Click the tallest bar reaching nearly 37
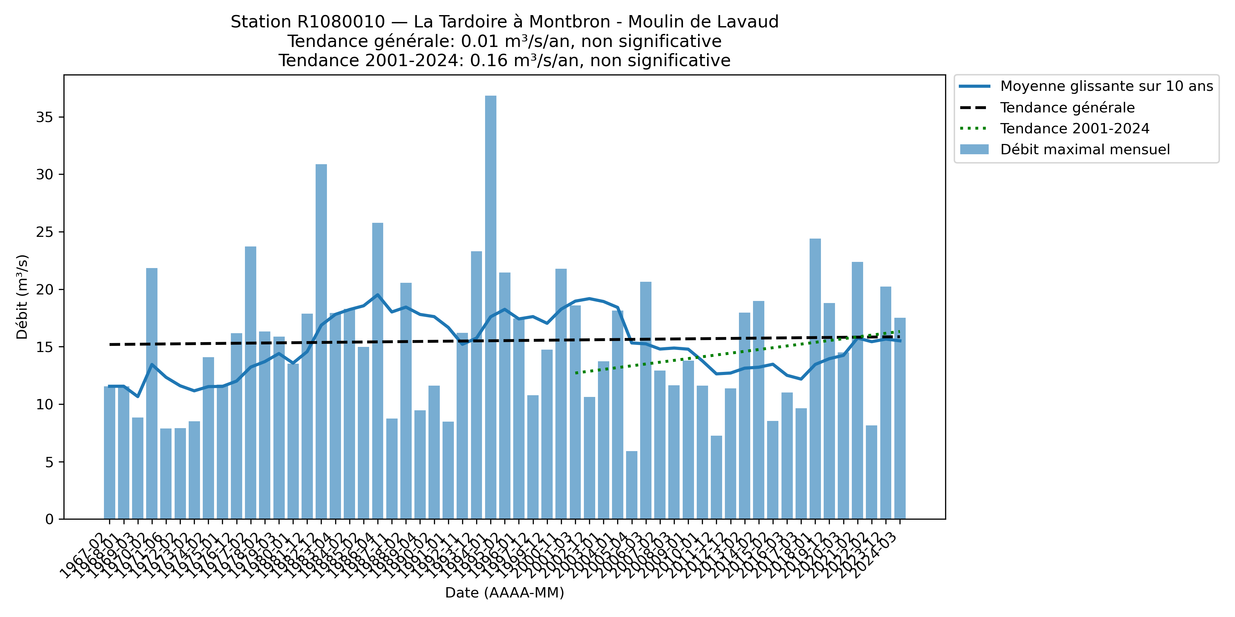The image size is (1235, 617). click(491, 306)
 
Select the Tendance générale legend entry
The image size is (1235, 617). click(1067, 108)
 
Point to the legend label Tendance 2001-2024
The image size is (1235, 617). click(1074, 129)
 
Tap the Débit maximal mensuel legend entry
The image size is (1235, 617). click(1084, 149)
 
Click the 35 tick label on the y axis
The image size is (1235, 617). click(44, 117)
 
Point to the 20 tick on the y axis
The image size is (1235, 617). click(44, 290)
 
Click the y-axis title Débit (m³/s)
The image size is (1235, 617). click(22, 297)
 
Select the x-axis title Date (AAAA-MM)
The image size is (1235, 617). click(504, 593)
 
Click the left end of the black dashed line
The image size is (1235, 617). click(110, 344)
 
